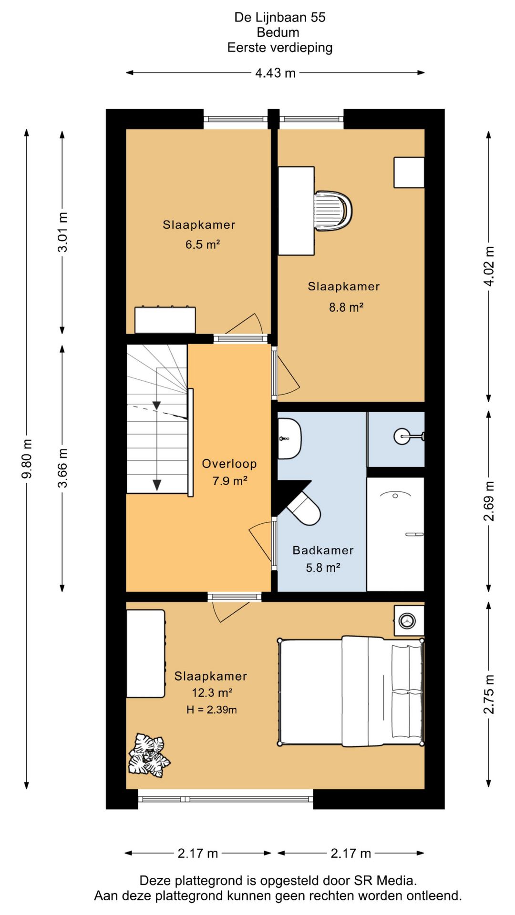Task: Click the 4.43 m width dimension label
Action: (x=275, y=73)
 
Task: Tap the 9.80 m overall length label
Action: (x=27, y=458)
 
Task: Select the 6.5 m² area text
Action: (x=203, y=244)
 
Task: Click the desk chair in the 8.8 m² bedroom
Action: (x=333, y=210)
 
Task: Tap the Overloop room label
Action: (x=229, y=464)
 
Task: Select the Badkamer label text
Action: (x=323, y=550)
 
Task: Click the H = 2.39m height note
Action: (x=211, y=710)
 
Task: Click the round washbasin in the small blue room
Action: (x=403, y=436)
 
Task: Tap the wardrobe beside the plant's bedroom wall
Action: (x=146, y=654)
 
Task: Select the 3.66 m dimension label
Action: (x=62, y=468)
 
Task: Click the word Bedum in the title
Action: (x=278, y=32)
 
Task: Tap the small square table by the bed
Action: (x=409, y=621)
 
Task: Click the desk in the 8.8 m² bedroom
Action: (x=296, y=211)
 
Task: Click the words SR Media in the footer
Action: (x=385, y=880)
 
